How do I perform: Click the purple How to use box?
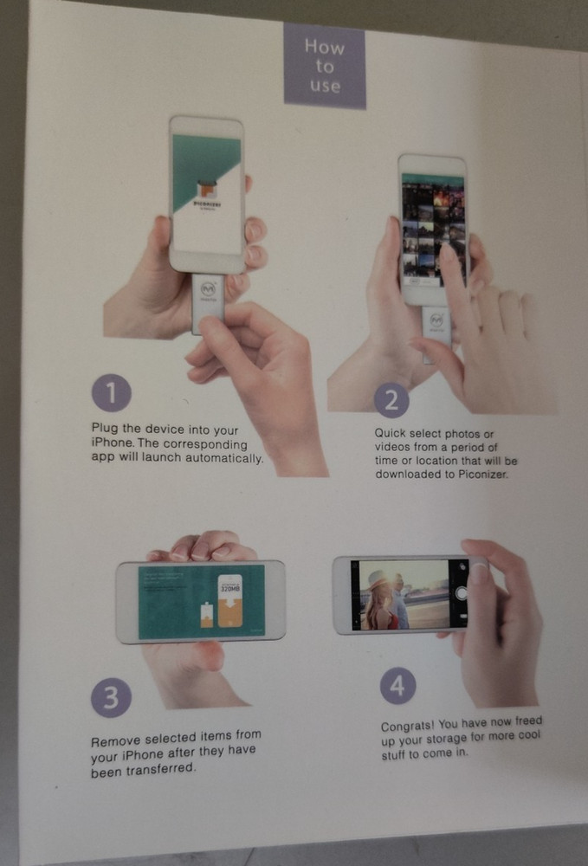[325, 66]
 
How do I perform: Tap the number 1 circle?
[111, 395]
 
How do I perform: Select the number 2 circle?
[391, 399]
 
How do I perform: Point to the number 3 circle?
[110, 698]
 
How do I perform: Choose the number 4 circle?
[397, 687]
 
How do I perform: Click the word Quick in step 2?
[391, 432]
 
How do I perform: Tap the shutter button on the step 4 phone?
[462, 593]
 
